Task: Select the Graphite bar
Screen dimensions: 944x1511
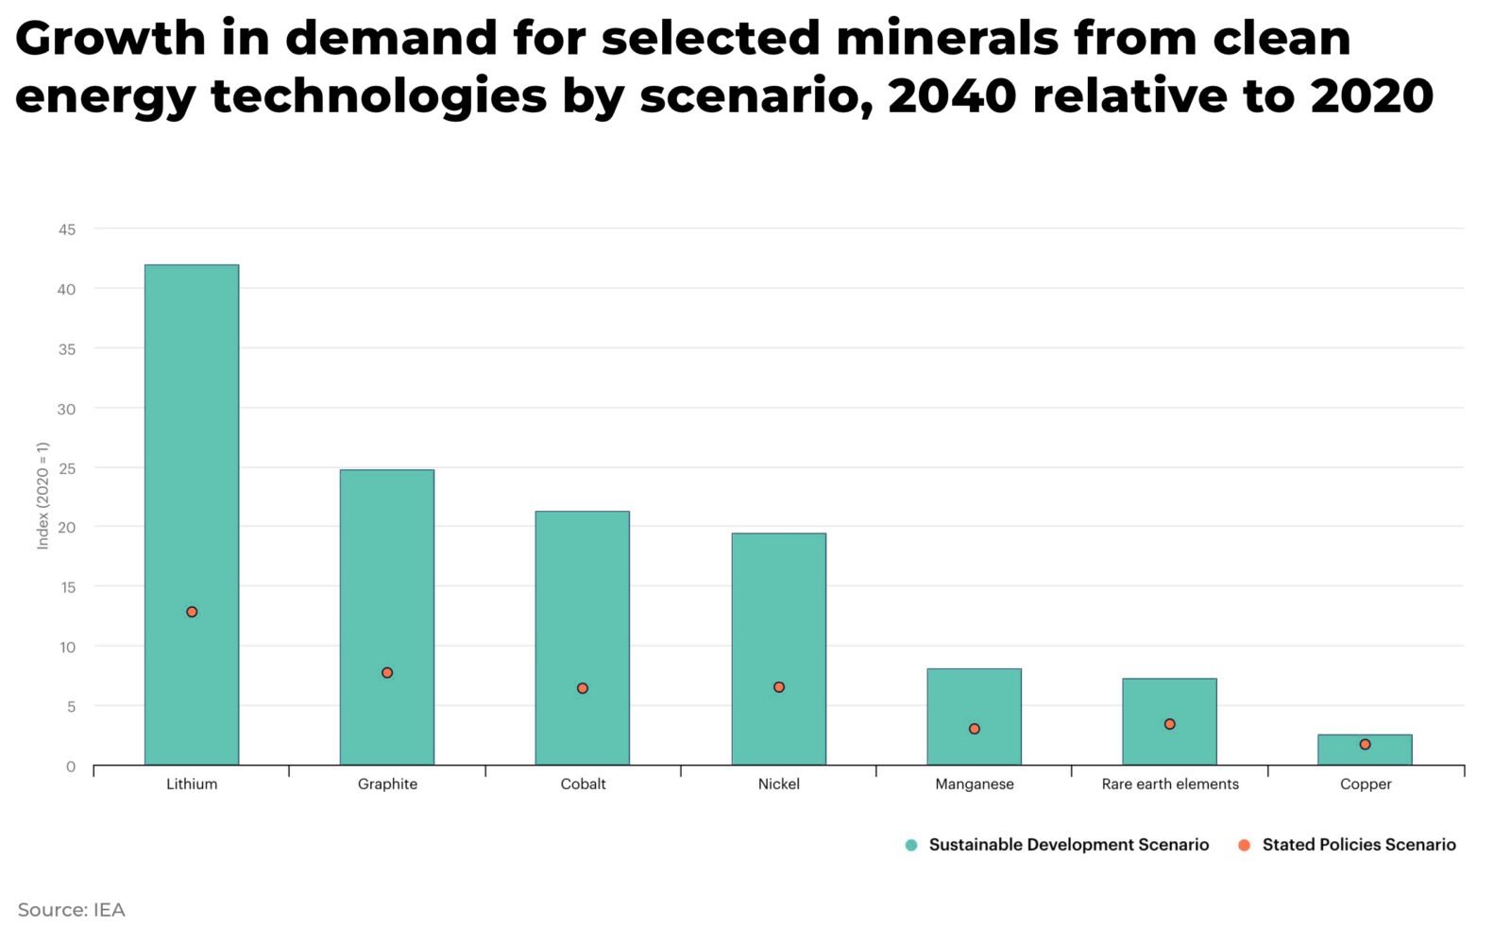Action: point(387,566)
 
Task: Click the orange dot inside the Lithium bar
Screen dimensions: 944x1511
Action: point(192,612)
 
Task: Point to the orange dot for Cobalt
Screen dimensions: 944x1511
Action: point(583,688)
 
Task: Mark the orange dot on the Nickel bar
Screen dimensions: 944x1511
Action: point(779,687)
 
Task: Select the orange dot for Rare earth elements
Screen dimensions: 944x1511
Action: point(1169,724)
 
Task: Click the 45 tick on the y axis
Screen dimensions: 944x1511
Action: point(67,229)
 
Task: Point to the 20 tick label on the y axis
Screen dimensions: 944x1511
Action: point(67,528)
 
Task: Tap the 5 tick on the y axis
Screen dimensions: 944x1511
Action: point(71,706)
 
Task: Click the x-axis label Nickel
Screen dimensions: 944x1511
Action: point(779,784)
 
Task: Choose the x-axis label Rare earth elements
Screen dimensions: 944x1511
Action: point(1170,784)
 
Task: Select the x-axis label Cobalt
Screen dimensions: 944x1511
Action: point(583,784)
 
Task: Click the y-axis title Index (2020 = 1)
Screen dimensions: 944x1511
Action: point(42,496)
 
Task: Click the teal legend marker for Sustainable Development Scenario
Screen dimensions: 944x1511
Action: point(911,845)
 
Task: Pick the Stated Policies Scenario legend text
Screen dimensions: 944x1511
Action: point(1359,845)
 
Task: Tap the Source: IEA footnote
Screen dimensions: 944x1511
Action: point(72,910)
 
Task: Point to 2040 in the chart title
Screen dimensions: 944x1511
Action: point(953,96)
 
